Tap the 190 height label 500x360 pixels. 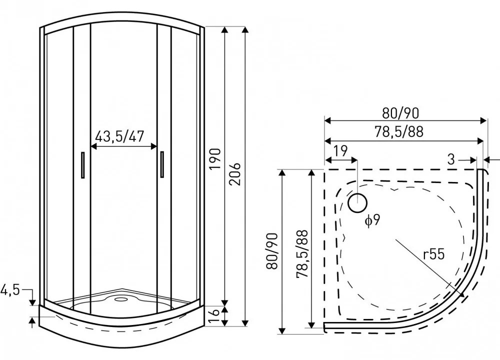point(214,158)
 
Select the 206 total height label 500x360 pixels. point(234,173)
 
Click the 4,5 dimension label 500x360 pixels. point(10,290)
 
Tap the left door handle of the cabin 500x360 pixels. point(82,165)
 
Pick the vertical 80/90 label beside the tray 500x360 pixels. point(272,250)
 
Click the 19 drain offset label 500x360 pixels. point(340,151)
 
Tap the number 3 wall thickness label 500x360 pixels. point(451,159)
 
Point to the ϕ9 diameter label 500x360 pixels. point(372,220)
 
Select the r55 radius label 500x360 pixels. point(432,254)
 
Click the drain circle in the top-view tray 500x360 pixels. point(357,203)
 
